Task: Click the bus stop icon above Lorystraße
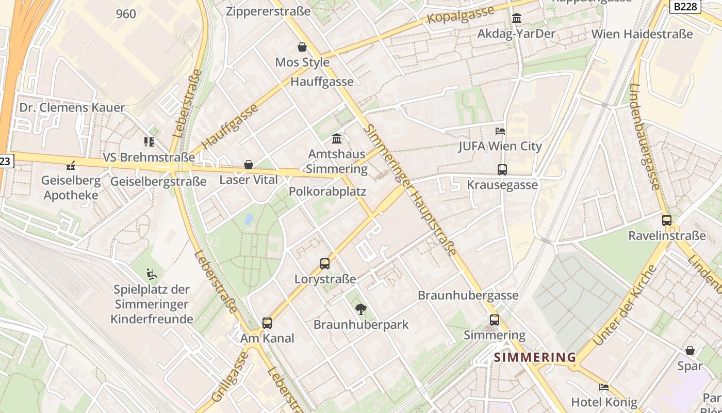[x=325, y=264]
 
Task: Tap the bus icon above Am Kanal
[x=267, y=323]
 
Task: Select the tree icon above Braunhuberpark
[x=361, y=309]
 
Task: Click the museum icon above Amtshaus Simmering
[x=337, y=138]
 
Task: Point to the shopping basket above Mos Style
[x=302, y=47]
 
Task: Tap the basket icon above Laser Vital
[x=249, y=165]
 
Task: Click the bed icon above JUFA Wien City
[x=500, y=131]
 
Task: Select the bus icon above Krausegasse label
[x=502, y=169]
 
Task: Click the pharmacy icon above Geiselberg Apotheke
[x=71, y=166]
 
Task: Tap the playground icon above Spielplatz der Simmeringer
[x=152, y=274]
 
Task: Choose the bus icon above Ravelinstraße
[x=667, y=220]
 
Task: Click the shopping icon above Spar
[x=690, y=351]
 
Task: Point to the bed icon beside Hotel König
[x=604, y=387]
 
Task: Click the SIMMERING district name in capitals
[x=535, y=357]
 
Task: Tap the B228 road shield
[x=685, y=6]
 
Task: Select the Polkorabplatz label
[x=327, y=192]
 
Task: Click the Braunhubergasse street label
[x=468, y=295]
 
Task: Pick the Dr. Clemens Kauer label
[x=72, y=107]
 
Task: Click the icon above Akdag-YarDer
[x=516, y=19]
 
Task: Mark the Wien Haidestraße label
[x=642, y=34]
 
